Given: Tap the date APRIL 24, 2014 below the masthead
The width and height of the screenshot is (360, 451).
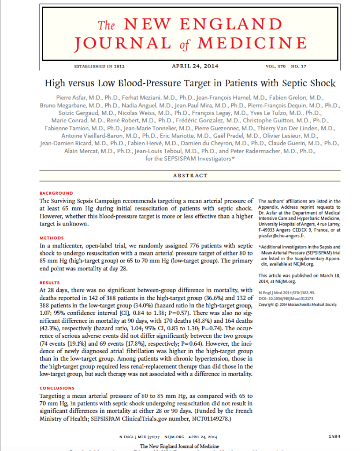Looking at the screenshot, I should point(194,66).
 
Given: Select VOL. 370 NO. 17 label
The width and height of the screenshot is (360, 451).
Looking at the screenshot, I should point(286,67).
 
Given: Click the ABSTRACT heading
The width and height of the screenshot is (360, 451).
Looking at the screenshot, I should point(190,175).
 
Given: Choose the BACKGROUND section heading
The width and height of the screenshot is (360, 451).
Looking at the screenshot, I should point(56,193).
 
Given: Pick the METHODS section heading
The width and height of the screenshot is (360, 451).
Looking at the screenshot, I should point(52,238).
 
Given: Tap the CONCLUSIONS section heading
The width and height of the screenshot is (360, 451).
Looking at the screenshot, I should point(57,388).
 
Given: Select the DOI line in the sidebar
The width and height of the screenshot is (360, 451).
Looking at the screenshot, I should point(288,299).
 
